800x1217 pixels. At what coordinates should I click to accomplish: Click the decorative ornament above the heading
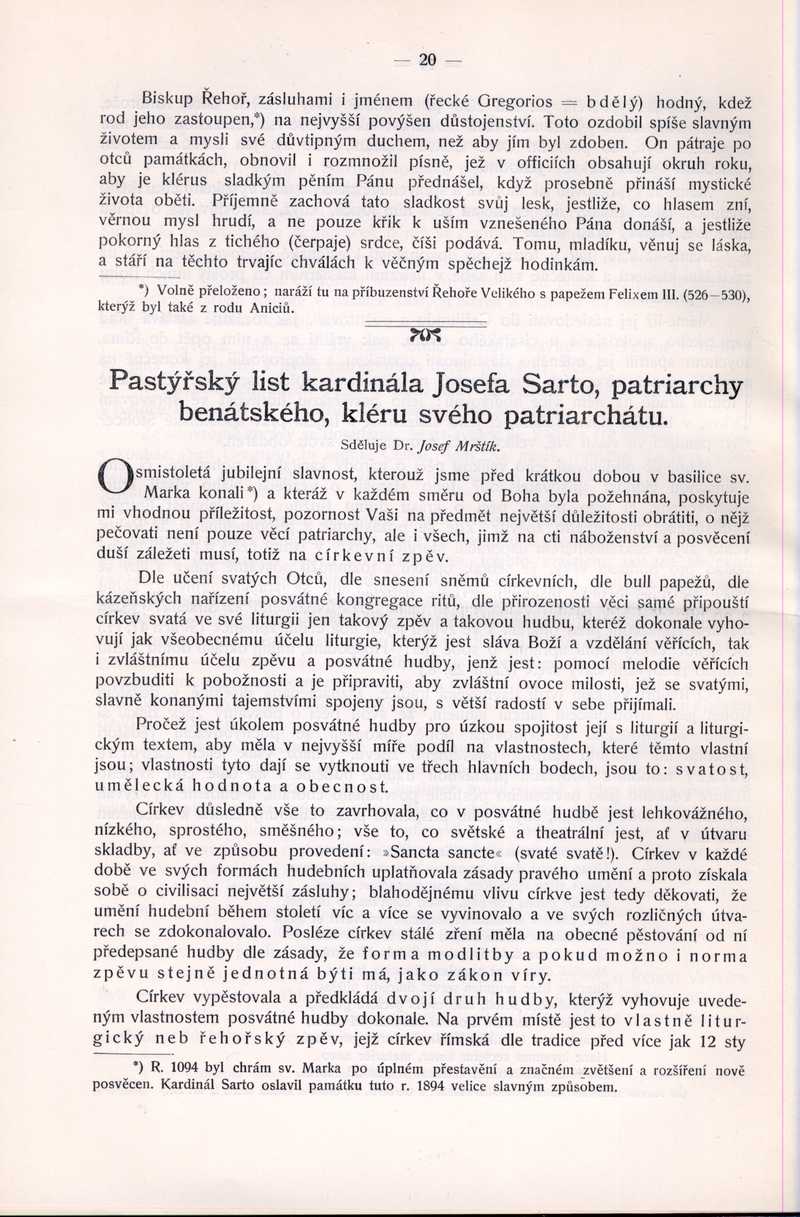click(424, 334)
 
